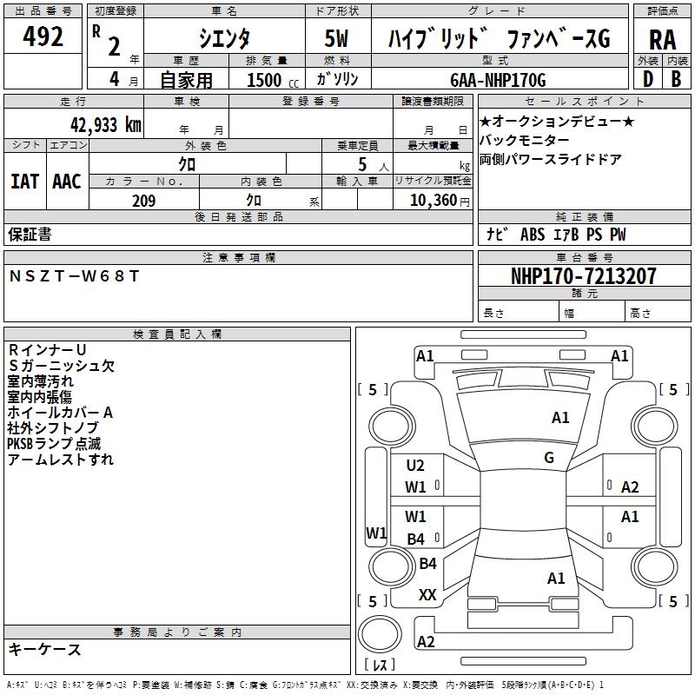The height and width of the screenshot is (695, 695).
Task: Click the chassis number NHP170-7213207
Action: [584, 276]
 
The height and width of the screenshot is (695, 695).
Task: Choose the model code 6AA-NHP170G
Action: [498, 80]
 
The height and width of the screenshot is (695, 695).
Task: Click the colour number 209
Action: [143, 201]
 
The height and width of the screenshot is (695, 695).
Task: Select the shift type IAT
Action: [24, 181]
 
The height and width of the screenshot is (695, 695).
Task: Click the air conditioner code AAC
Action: [67, 181]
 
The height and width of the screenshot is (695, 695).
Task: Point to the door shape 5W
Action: [338, 39]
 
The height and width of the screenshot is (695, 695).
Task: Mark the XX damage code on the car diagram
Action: [427, 595]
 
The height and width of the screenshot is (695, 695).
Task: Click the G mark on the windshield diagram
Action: [549, 458]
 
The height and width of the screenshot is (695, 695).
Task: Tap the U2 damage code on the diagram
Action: [415, 466]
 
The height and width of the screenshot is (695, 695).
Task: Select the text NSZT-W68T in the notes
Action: [74, 276]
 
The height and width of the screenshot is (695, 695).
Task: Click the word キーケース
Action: [44, 649]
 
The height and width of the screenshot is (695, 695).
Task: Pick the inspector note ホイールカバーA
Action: [60, 413]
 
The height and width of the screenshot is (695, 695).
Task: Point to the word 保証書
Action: [30, 235]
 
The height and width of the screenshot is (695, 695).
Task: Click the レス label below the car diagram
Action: [382, 666]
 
